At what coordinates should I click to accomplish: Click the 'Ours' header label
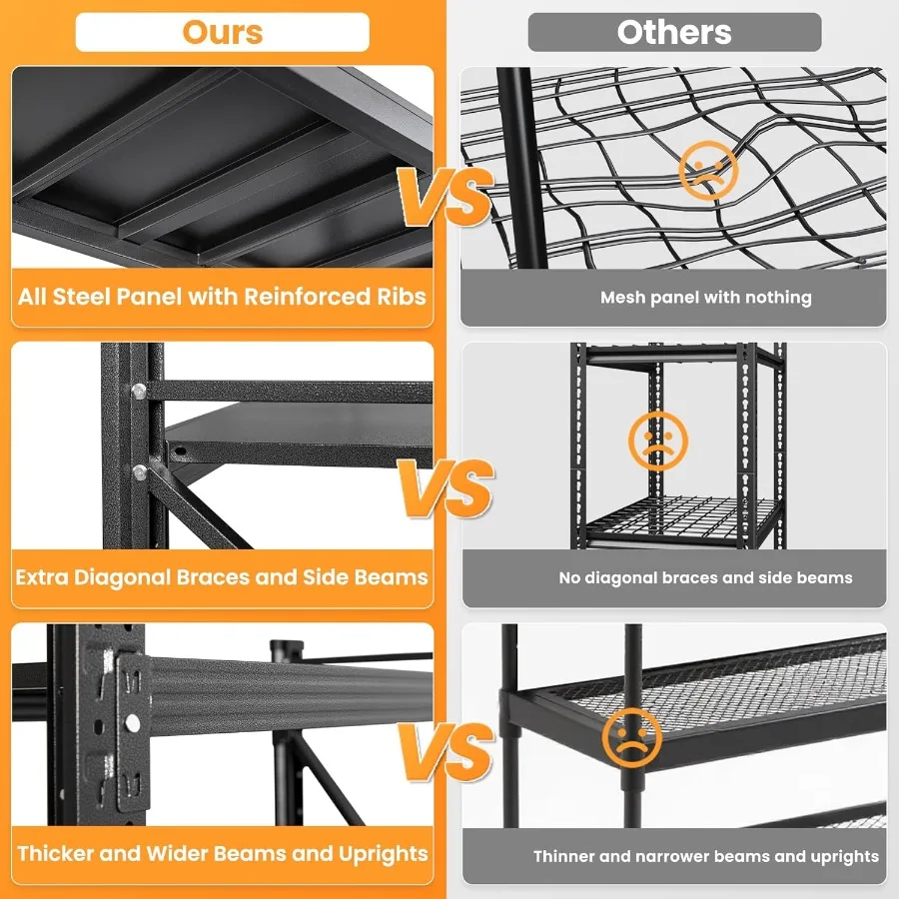(222, 32)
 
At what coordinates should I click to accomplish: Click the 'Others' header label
(674, 32)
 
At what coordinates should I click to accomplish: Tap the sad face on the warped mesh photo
(707, 171)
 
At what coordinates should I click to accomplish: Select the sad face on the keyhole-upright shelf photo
(658, 441)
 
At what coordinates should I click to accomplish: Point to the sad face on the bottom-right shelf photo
(632, 738)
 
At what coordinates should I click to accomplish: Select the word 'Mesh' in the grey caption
(620, 298)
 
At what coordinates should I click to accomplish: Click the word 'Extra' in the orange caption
(42, 577)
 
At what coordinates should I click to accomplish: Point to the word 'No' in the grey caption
(569, 577)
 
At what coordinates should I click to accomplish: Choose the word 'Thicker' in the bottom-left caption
(54, 854)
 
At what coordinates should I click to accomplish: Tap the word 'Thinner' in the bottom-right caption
(565, 856)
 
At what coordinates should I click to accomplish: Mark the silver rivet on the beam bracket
(132, 722)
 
